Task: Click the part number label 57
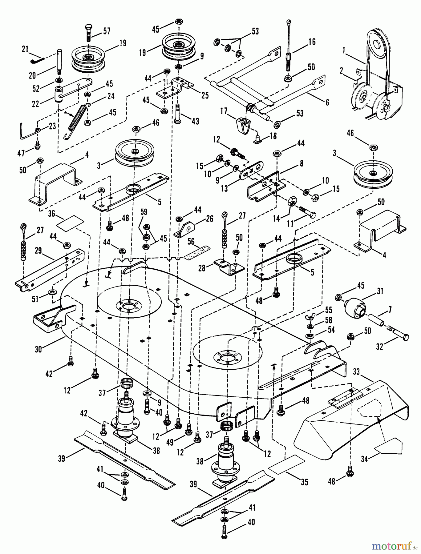click(x=107, y=31)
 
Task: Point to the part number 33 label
click(x=356, y=372)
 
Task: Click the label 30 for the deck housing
click(x=38, y=349)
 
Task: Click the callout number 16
click(x=312, y=42)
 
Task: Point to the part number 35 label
click(x=304, y=482)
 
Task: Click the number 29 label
click(x=38, y=251)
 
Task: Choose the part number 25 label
click(x=204, y=95)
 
